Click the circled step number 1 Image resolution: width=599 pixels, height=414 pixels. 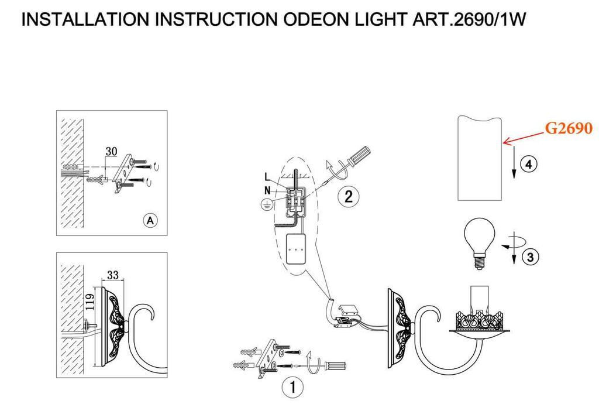pyautogui.click(x=293, y=387)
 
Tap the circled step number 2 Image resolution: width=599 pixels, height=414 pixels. pyautogui.click(x=349, y=196)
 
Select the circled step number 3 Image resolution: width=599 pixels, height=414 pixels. pyautogui.click(x=528, y=256)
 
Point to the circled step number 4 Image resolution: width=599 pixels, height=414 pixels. pyautogui.click(x=528, y=165)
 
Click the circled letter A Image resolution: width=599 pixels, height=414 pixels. pyautogui.click(x=150, y=220)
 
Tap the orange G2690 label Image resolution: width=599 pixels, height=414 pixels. pyautogui.click(x=569, y=128)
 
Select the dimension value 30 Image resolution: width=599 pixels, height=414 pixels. pyautogui.click(x=112, y=150)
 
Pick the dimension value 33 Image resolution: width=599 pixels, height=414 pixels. pyautogui.click(x=113, y=274)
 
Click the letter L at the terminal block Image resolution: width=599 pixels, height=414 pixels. pyautogui.click(x=267, y=177)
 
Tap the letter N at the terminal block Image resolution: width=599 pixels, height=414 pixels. pyautogui.click(x=267, y=190)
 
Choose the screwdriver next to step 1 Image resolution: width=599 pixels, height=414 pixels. pyautogui.click(x=332, y=367)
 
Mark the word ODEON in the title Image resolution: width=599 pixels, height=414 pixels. pyautogui.click(x=315, y=19)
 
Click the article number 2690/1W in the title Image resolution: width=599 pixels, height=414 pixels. pyautogui.click(x=490, y=19)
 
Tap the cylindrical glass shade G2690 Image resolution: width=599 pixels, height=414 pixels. pyautogui.click(x=479, y=158)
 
